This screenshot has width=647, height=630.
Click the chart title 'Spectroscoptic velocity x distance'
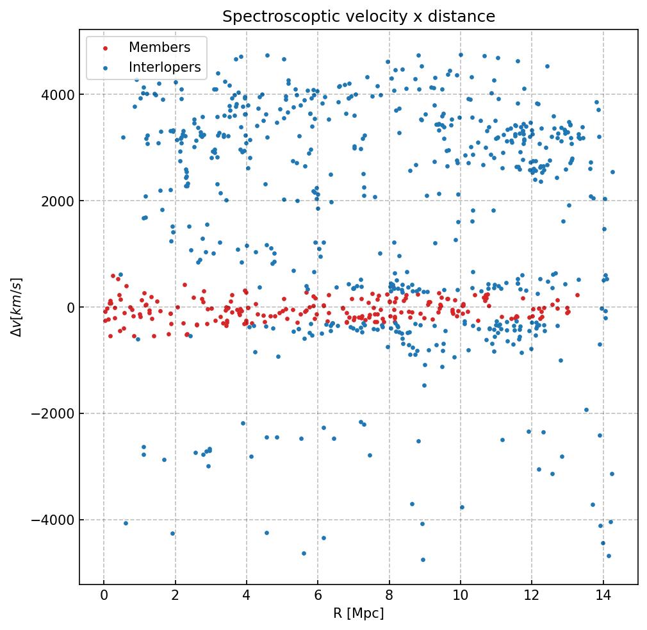359,17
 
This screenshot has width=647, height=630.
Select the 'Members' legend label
160,47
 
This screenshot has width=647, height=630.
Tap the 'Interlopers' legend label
165,67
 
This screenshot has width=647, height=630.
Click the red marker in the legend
106,48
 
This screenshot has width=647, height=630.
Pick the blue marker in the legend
106,68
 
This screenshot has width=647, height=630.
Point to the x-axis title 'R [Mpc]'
359,613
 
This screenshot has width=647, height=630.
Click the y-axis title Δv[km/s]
18,307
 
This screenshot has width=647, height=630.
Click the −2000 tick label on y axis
55,414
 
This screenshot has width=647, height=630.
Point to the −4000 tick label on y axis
55,520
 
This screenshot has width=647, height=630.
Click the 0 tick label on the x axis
104,596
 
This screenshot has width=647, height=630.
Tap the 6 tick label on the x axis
318,596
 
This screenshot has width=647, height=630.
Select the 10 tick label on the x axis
460,596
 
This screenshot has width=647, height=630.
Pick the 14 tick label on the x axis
603,596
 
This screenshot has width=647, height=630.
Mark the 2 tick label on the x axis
175,596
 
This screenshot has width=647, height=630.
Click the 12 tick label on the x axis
532,596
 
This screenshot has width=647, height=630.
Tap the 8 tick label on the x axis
389,596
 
